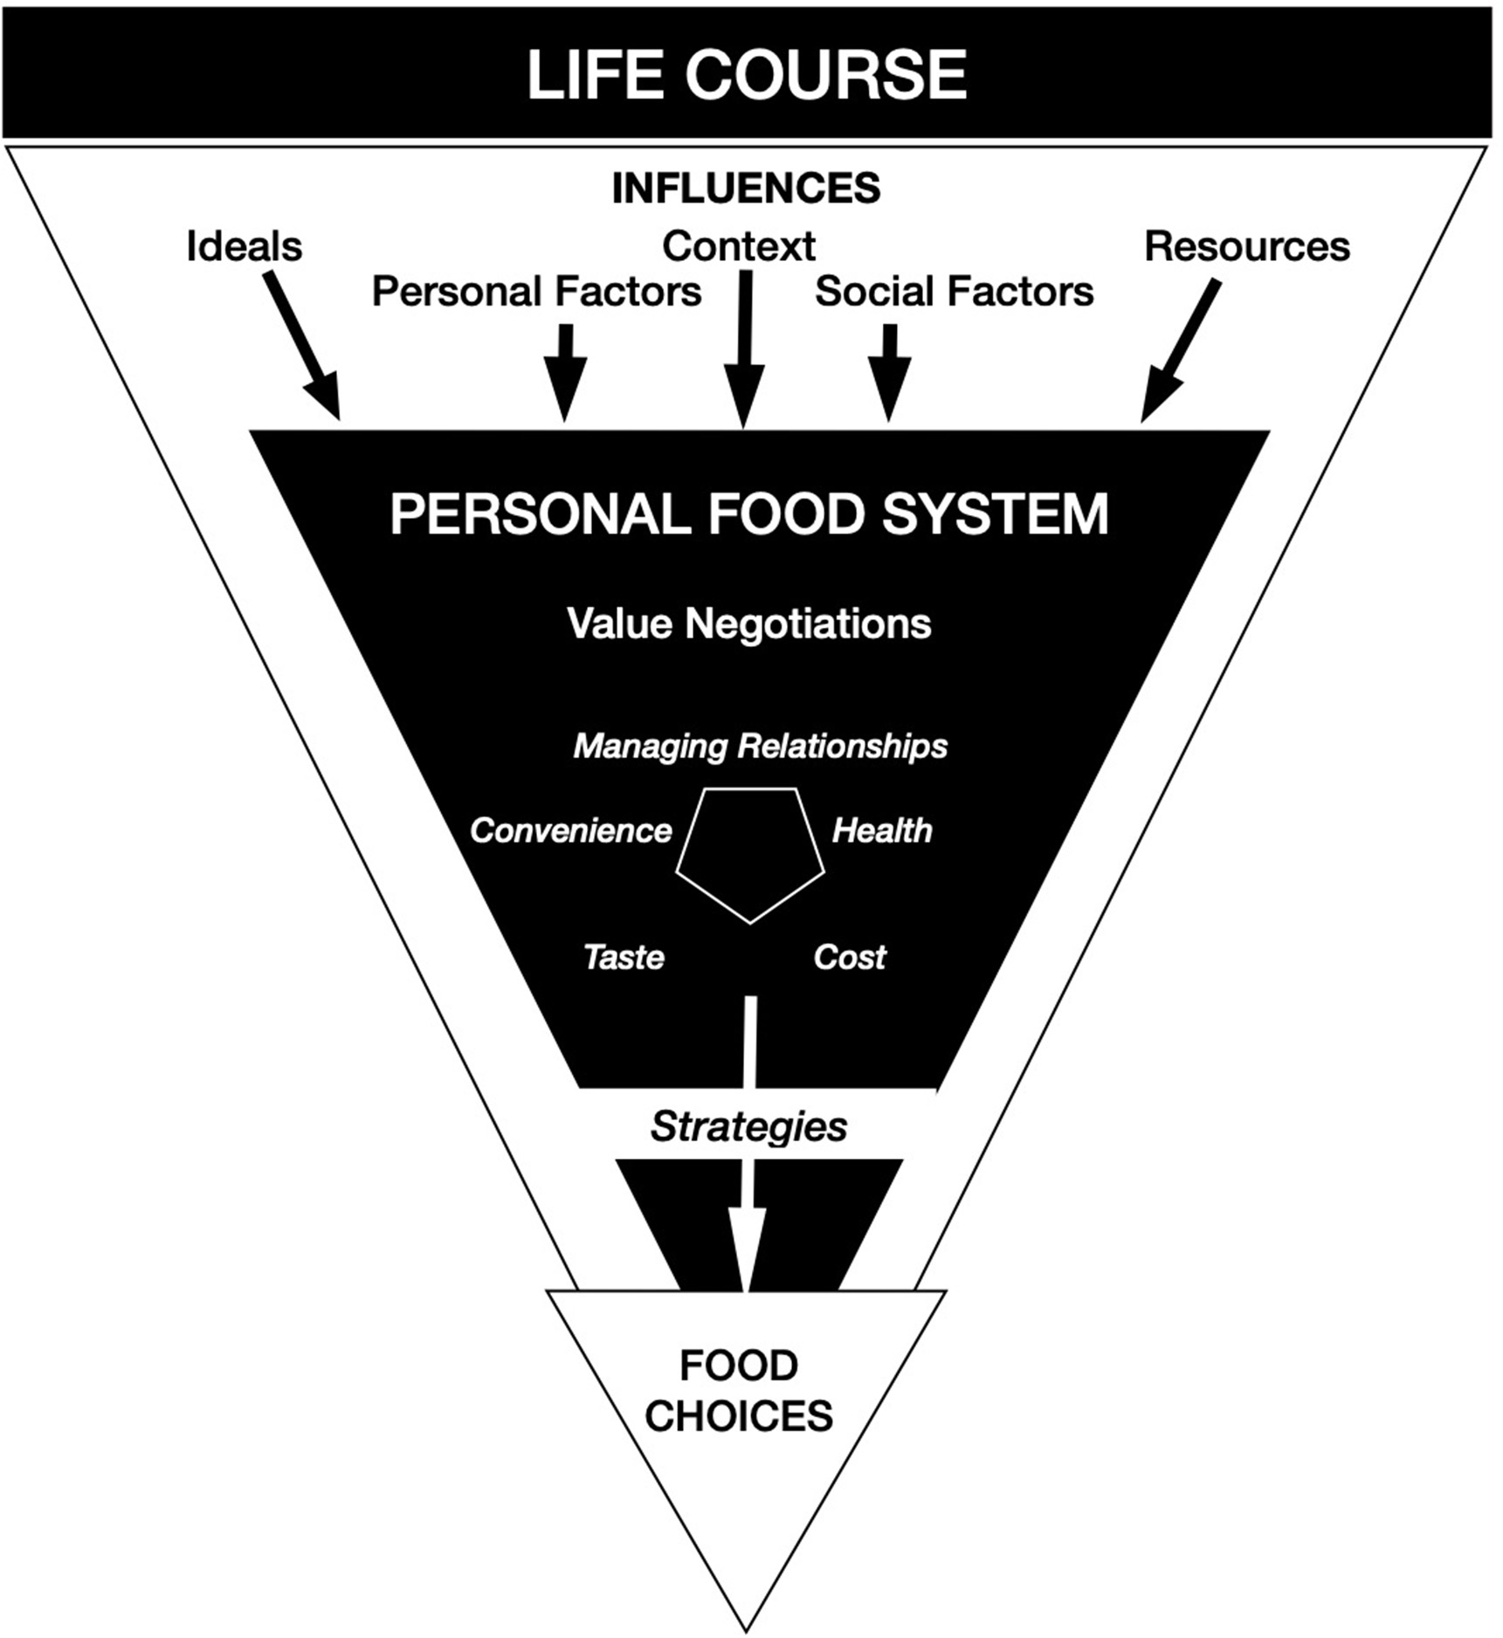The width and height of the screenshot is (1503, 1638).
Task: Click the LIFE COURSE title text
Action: (x=747, y=75)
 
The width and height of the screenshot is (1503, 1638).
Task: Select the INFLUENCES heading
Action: (x=747, y=189)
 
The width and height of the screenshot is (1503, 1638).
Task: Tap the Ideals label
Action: (x=245, y=247)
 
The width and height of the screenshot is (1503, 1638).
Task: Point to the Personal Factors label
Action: (x=536, y=292)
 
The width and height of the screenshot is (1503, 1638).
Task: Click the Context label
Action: (x=739, y=246)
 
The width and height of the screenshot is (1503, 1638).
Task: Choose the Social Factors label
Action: (x=954, y=292)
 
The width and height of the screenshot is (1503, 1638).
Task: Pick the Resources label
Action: (x=1247, y=247)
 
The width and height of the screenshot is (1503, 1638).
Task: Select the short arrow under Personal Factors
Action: (x=565, y=371)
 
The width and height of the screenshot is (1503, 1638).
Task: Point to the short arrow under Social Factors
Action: (x=889, y=371)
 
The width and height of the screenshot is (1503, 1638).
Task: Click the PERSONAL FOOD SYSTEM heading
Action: (x=749, y=514)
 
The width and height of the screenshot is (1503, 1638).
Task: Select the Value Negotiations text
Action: (x=749, y=624)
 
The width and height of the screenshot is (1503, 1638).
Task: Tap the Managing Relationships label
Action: (x=760, y=747)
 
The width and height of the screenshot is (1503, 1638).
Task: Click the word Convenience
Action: (x=571, y=831)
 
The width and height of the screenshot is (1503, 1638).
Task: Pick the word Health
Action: (x=882, y=831)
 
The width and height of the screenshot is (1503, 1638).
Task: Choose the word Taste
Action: (x=624, y=958)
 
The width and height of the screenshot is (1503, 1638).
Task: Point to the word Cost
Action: (x=850, y=958)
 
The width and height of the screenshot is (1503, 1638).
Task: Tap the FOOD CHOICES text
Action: (x=739, y=1391)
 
